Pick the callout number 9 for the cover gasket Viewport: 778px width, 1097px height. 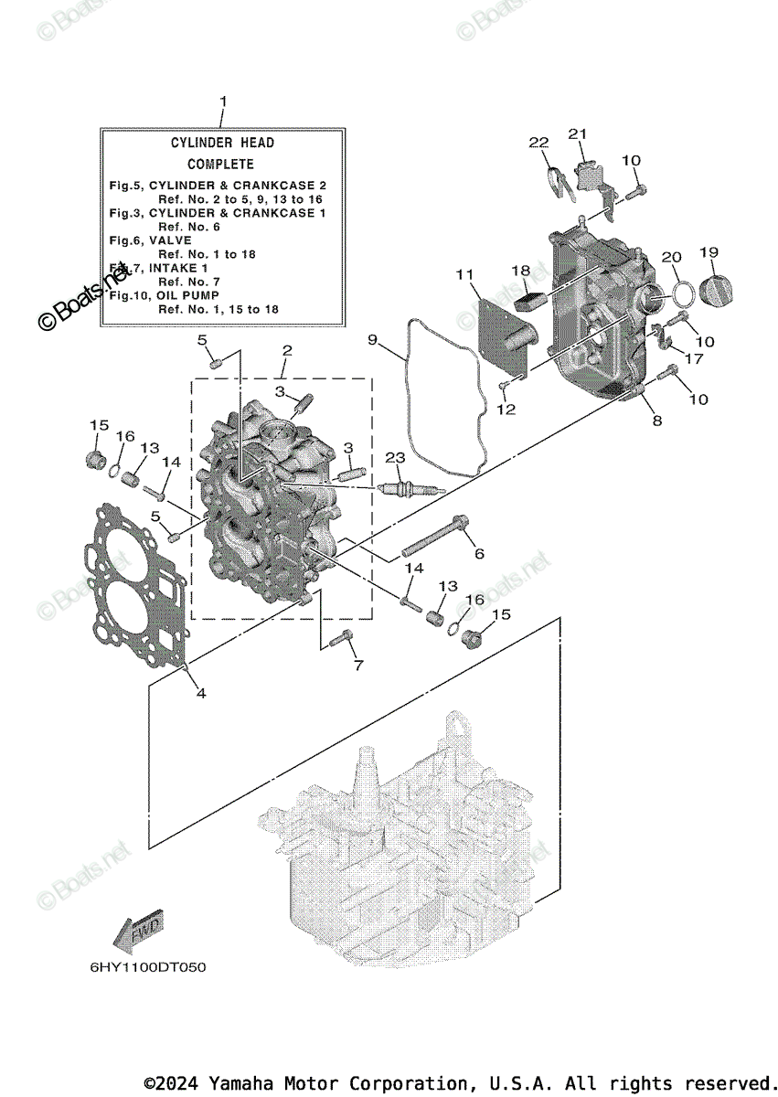point(373,340)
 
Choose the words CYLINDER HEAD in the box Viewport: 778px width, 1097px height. point(222,143)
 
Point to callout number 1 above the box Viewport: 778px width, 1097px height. point(222,101)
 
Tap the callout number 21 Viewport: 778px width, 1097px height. point(577,134)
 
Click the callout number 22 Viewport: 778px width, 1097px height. point(538,142)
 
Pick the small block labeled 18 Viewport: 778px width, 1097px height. point(530,295)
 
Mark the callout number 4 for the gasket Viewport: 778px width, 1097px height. point(200,693)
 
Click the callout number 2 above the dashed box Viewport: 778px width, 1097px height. point(287,350)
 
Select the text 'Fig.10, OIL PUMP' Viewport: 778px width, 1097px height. point(165,295)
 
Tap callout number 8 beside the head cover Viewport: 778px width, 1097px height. point(656,421)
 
